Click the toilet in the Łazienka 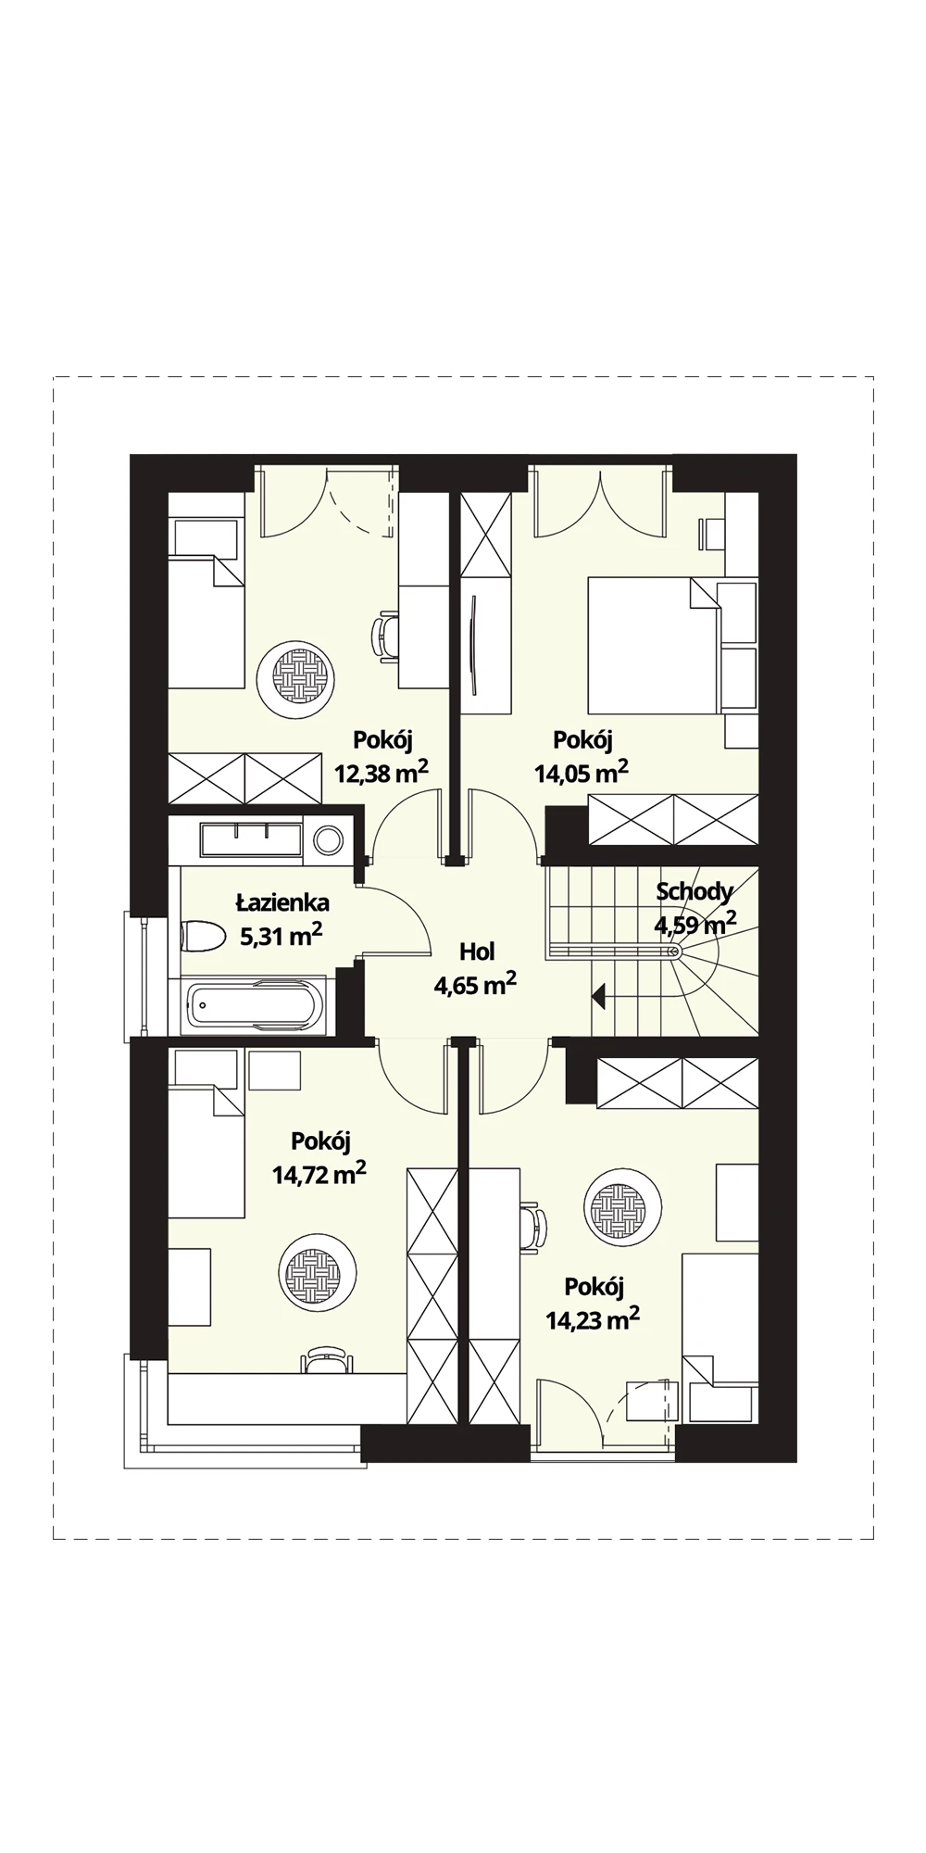click(202, 936)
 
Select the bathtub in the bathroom click(257, 1006)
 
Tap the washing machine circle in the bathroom click(328, 840)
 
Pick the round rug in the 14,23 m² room click(622, 1208)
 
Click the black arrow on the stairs click(598, 997)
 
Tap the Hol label click(477, 952)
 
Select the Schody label click(694, 891)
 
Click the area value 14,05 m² click(582, 772)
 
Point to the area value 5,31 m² click(282, 936)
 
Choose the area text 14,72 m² click(319, 1174)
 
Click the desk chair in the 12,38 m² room click(386, 636)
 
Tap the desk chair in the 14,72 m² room click(327, 1359)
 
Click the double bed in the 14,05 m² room click(654, 646)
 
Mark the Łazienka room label click(282, 901)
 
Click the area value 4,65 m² click(475, 984)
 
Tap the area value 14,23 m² click(593, 1319)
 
